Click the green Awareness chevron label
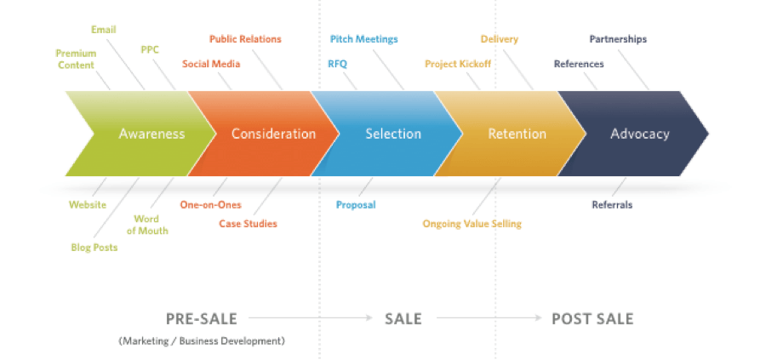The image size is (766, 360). point(151,134)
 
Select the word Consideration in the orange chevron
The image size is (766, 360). point(273,134)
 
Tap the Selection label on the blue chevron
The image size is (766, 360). point(393,134)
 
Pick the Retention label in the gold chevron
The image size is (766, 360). point(517,134)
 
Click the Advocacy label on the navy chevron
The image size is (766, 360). point(639,134)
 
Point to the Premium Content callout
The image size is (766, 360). point(76,59)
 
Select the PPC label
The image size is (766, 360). point(150,49)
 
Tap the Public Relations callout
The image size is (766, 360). point(245,39)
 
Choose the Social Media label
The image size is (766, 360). point(211,64)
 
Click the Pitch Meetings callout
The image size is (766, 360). point(363,39)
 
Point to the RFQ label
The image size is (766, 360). point(337,64)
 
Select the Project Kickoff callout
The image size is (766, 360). point(458,64)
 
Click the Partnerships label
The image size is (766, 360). point(618,39)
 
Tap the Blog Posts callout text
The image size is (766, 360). point(94,248)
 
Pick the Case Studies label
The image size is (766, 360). point(248,224)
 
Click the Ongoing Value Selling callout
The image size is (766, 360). point(472,224)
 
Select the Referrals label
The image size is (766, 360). point(612,204)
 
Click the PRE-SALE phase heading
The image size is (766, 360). point(202,318)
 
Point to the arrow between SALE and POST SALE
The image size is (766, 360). point(489,318)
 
